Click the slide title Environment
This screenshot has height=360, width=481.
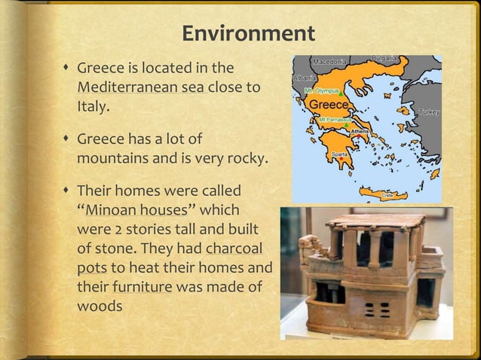tap(248, 34)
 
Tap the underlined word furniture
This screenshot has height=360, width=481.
tap(141, 287)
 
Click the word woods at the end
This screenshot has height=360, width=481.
tap(99, 307)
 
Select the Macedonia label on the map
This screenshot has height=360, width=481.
tap(329, 60)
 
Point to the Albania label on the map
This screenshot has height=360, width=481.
tap(303, 78)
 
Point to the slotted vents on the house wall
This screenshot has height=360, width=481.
tap(375, 310)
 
